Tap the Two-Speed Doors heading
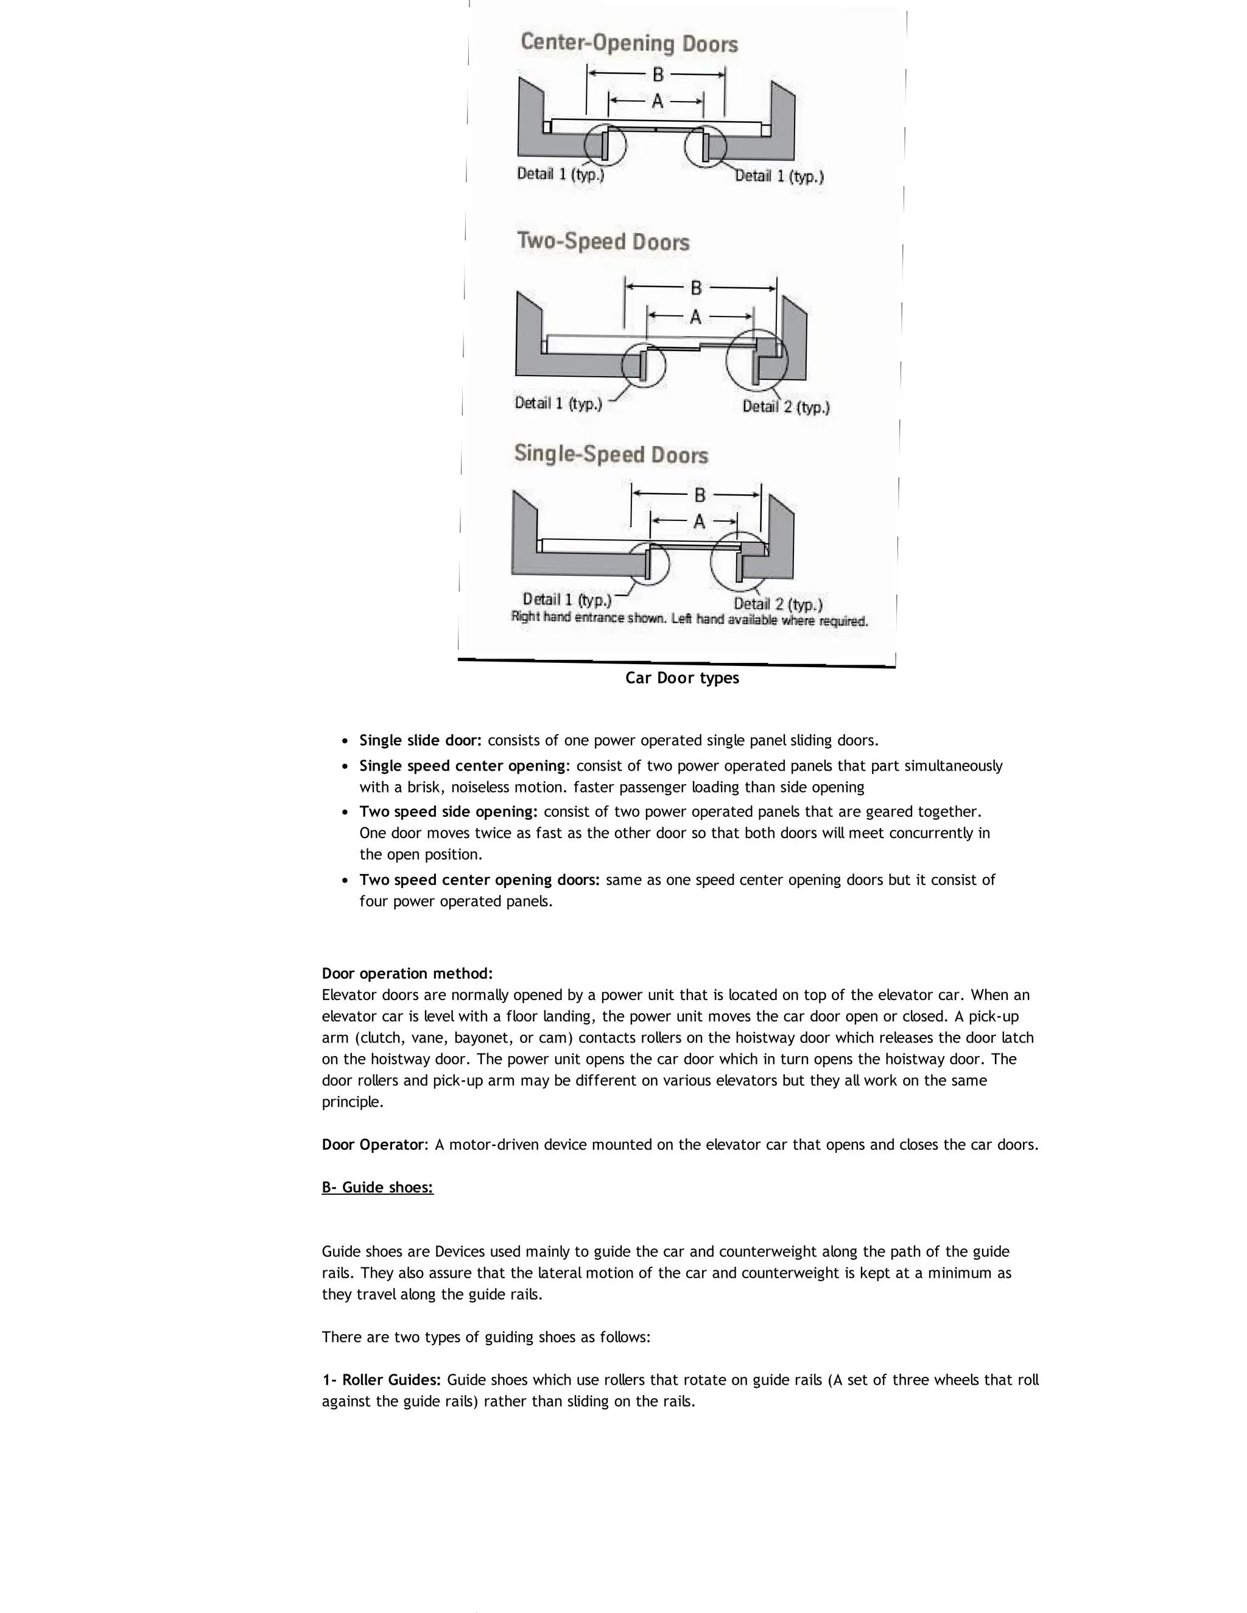pyautogui.click(x=603, y=242)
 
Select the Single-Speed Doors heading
pyautogui.click(x=611, y=454)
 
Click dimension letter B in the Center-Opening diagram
pyautogui.click(x=658, y=75)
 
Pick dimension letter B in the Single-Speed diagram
pyautogui.click(x=700, y=494)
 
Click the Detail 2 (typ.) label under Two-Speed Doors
pyautogui.click(x=785, y=407)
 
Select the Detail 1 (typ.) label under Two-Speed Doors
pyautogui.click(x=558, y=403)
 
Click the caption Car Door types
pyautogui.click(x=682, y=678)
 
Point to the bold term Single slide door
pyautogui.click(x=420, y=740)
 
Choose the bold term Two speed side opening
pyautogui.click(x=448, y=811)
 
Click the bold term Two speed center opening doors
pyautogui.click(x=482, y=880)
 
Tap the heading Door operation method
pyautogui.click(x=407, y=973)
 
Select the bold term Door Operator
pyautogui.click(x=374, y=1145)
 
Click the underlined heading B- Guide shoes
pyautogui.click(x=378, y=1188)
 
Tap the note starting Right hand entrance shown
pyautogui.click(x=689, y=619)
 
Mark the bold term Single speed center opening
pyautogui.click(x=464, y=765)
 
